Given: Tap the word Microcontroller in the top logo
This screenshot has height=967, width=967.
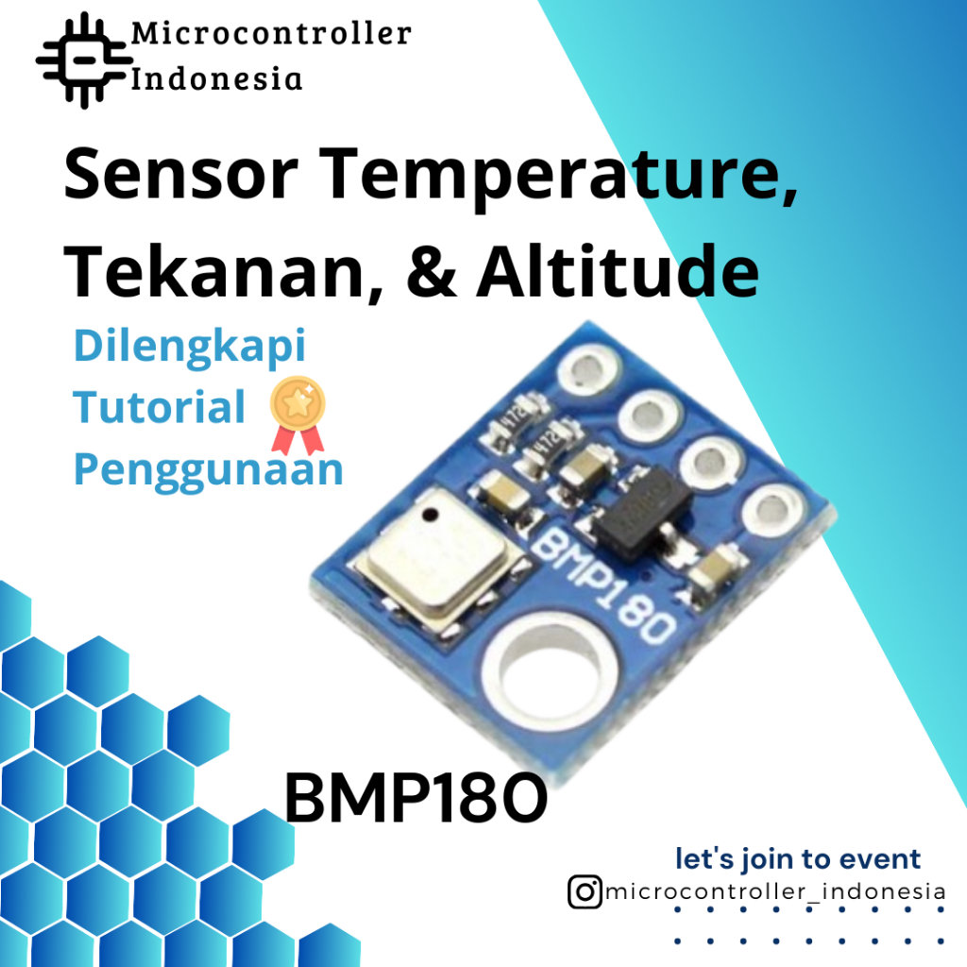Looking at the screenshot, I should pos(271,34).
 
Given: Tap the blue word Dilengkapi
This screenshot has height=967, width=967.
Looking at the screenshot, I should pos(190,347).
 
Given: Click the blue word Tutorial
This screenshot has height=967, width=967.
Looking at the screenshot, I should pos(160,407).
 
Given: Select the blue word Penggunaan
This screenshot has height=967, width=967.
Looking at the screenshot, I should pos(208,468).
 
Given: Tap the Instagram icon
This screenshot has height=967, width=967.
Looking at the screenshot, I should pos(585,891).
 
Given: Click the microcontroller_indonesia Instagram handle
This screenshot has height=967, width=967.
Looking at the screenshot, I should pos(774,891).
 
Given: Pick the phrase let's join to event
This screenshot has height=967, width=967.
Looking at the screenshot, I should pos(797,859).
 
